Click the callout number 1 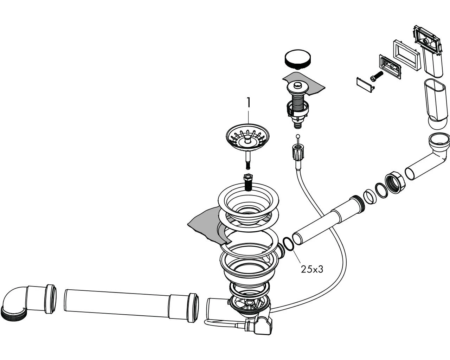point(249,103)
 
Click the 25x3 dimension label point(311,269)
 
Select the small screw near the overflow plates point(375,76)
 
